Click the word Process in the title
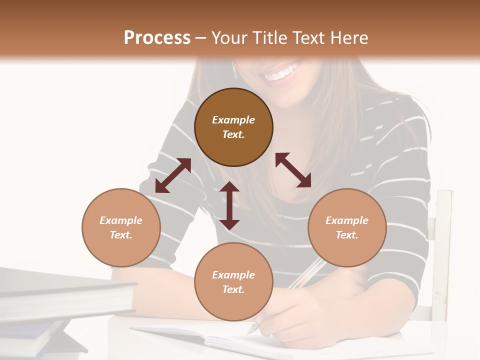(x=157, y=37)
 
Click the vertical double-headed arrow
(x=229, y=205)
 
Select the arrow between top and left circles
(x=173, y=175)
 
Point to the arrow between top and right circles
(x=293, y=170)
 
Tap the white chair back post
(x=442, y=250)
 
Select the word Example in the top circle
(x=233, y=120)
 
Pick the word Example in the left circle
(x=121, y=220)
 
